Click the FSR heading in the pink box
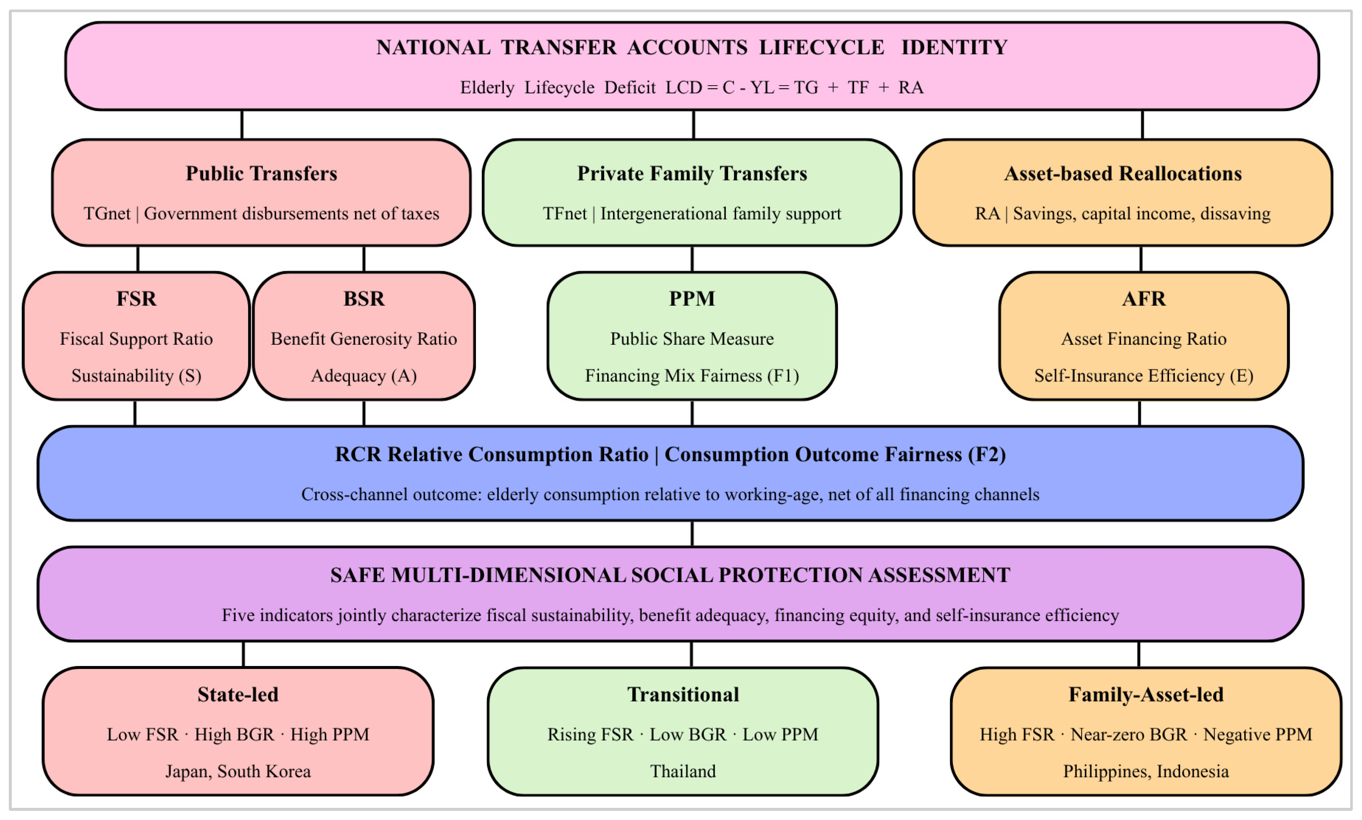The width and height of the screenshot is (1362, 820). [136, 299]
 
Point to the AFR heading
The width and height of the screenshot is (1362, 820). [1143, 299]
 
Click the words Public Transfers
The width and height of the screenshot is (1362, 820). [261, 173]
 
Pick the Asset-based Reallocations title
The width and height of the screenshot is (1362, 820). [1123, 173]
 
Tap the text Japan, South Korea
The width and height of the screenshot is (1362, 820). [238, 771]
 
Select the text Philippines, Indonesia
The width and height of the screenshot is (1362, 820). [1146, 771]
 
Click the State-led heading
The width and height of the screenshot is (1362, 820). [238, 695]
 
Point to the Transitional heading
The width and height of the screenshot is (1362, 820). [683, 695]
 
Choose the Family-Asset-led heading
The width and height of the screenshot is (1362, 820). [1146, 695]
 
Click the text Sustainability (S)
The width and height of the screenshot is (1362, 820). [136, 376]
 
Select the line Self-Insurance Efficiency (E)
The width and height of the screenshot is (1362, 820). [1143, 376]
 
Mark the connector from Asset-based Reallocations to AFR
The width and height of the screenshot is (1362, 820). [1141, 259]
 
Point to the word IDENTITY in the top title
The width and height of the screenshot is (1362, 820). [954, 47]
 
